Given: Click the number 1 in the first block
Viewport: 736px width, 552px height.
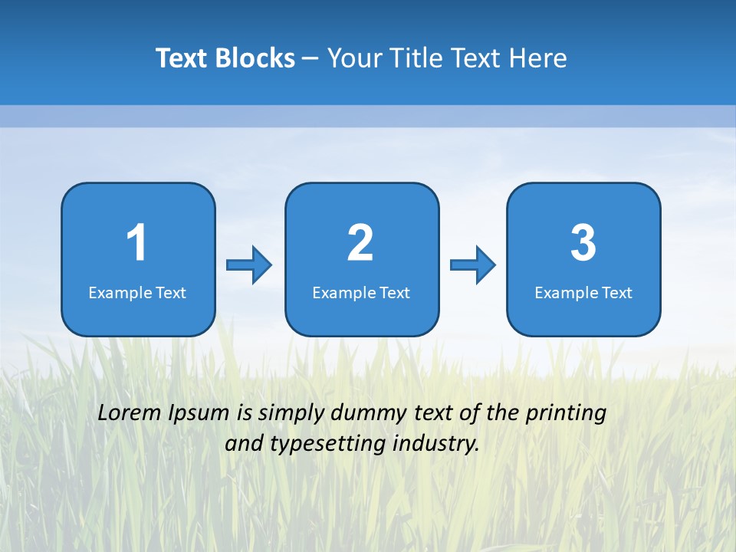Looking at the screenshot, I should (x=137, y=243).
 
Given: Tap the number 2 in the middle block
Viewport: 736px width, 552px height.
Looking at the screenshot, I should (x=360, y=243).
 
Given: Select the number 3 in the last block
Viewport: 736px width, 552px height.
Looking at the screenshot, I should (x=583, y=243).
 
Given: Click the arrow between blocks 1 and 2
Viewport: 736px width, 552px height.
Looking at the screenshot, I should (x=249, y=265).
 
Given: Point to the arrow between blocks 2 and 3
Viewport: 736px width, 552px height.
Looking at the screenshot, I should (x=473, y=265).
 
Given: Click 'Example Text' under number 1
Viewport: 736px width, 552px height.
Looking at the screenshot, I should (x=137, y=293).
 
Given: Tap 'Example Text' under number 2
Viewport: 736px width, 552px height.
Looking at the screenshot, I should (x=361, y=293).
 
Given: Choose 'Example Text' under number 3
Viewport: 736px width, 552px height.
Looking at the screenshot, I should (x=583, y=293).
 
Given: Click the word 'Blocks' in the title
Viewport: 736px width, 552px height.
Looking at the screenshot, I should (x=256, y=58).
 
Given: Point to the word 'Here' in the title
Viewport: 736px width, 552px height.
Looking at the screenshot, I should (x=537, y=58).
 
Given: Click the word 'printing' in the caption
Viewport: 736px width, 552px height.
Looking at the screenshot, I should (x=566, y=413).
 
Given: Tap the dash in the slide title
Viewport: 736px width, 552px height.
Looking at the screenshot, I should (x=310, y=59).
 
